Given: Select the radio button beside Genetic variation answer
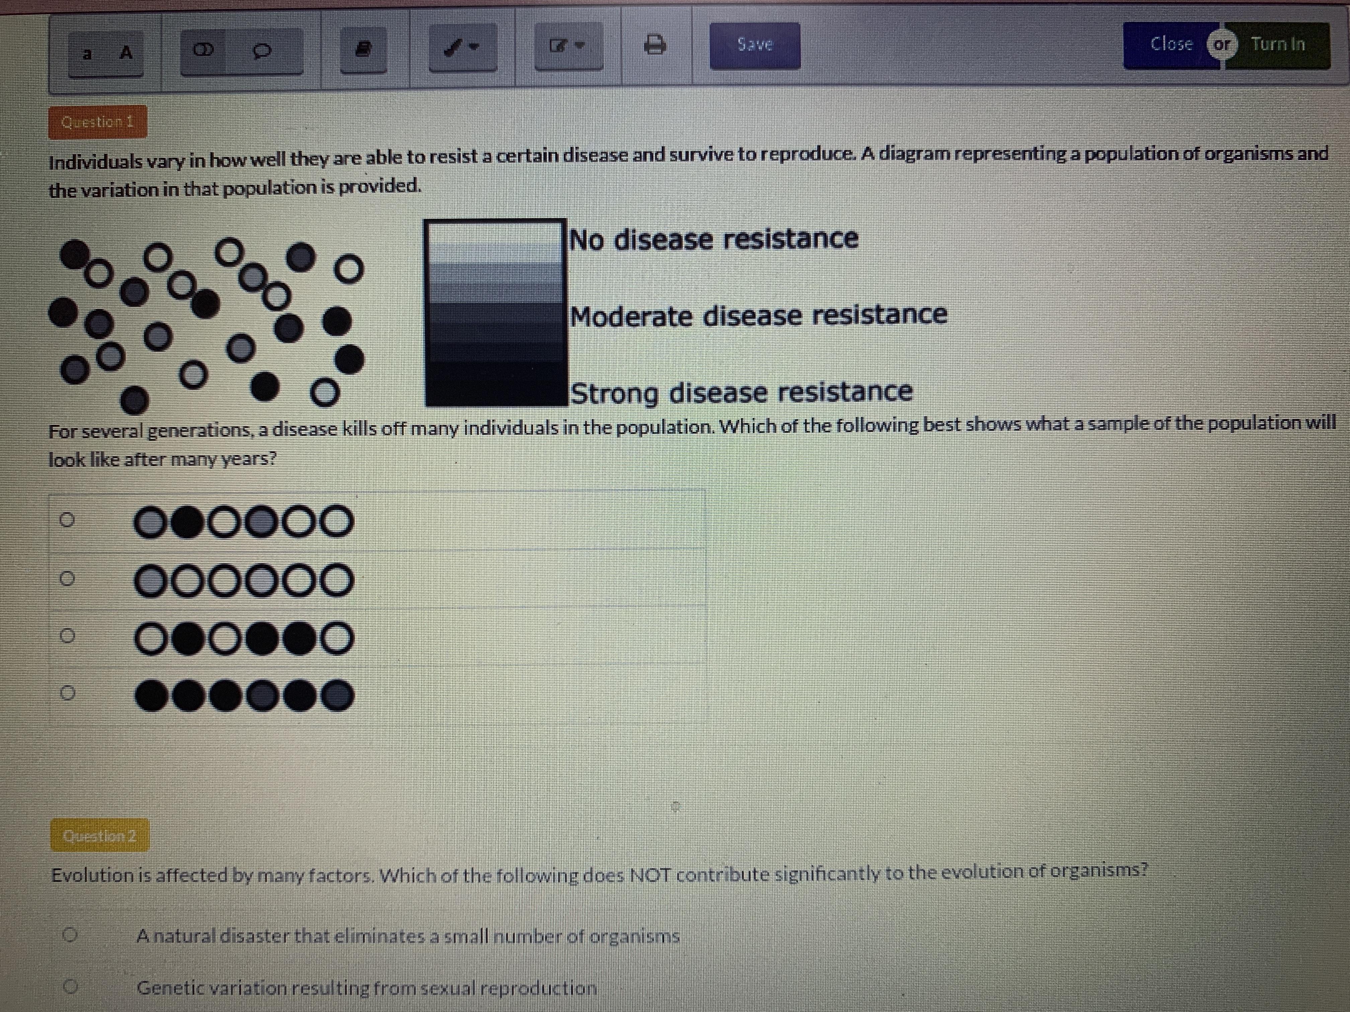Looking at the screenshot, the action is click(x=71, y=986).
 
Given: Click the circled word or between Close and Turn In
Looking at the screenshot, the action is click(x=1222, y=45).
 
